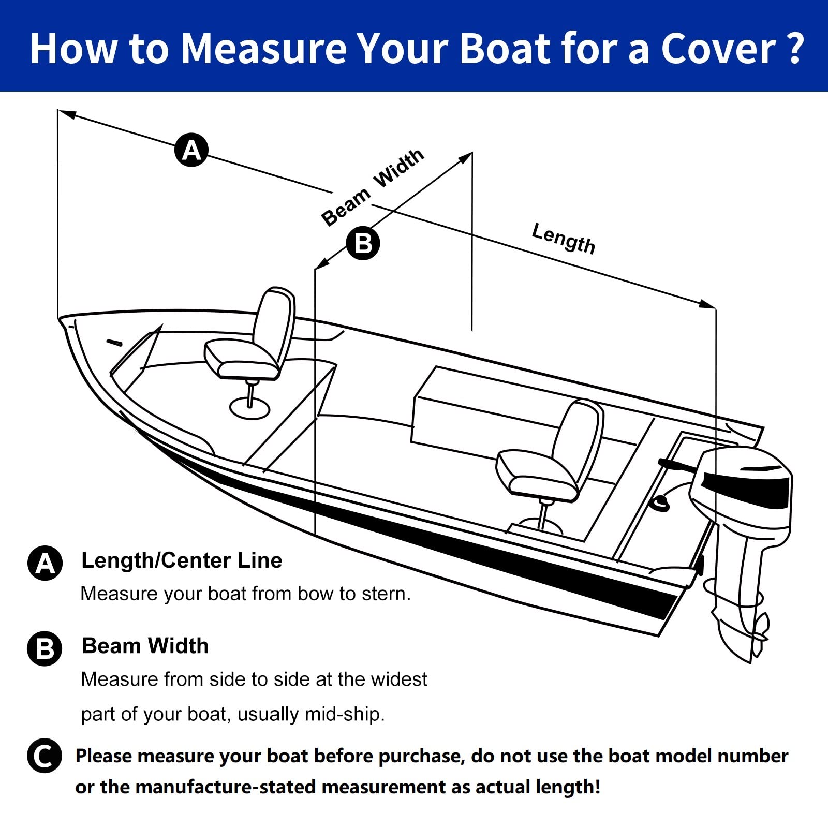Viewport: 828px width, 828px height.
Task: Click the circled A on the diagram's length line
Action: click(x=191, y=150)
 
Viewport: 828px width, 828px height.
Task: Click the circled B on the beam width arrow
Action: click(x=363, y=243)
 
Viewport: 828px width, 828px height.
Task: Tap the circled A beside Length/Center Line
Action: click(x=45, y=563)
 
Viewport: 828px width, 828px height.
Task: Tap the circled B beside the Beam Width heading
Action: click(x=45, y=648)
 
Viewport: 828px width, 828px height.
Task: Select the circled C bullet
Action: click(x=45, y=756)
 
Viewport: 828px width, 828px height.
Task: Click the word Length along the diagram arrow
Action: click(x=563, y=239)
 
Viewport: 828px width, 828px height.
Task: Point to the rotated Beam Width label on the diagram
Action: click(x=372, y=187)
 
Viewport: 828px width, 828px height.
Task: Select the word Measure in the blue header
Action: click(x=264, y=49)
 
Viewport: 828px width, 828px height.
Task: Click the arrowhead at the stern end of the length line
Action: click(x=708, y=304)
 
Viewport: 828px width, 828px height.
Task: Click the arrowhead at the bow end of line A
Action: click(x=67, y=114)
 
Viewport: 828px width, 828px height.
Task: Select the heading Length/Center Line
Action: click(x=182, y=560)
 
